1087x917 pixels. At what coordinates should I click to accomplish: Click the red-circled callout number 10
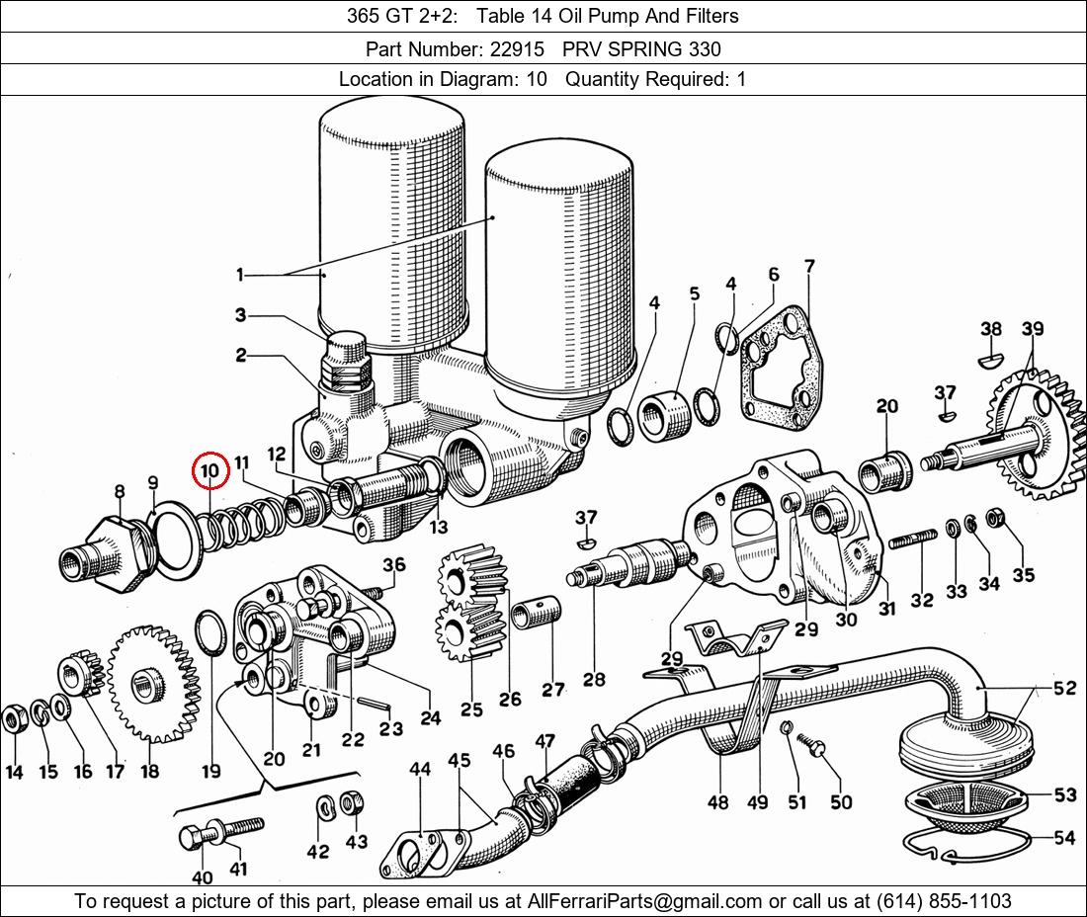[x=209, y=472]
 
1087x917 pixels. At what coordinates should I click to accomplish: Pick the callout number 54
[x=1064, y=838]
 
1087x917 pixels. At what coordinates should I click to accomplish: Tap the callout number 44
[x=420, y=769]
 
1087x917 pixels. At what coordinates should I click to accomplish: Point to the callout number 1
[x=239, y=274]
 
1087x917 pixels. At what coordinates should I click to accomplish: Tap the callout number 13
[x=438, y=527]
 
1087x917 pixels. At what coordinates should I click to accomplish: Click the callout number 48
[x=718, y=801]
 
